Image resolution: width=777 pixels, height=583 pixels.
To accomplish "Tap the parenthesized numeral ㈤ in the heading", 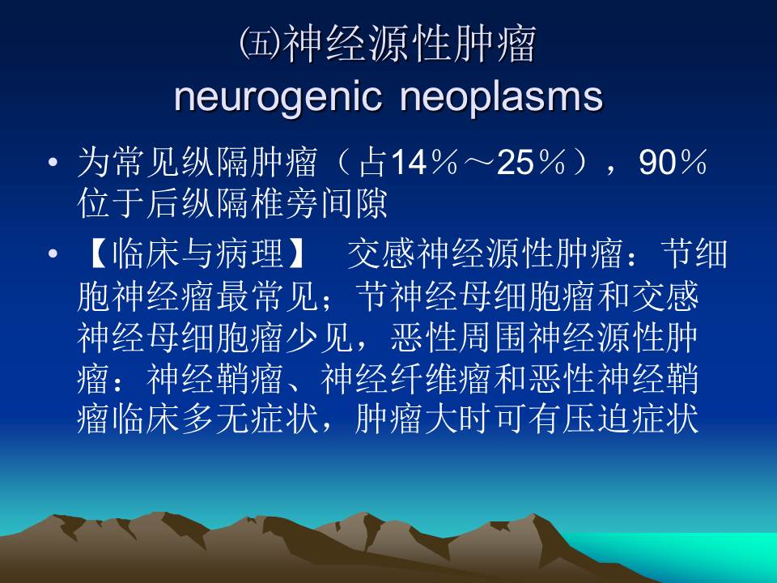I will [259, 47].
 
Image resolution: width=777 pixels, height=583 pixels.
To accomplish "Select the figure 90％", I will [673, 165].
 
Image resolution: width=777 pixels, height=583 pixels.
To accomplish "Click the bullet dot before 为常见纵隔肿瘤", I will [53, 165].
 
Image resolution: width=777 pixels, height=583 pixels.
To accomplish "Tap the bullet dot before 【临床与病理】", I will [53, 255].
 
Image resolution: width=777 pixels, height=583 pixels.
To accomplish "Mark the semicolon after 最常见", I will [327, 300].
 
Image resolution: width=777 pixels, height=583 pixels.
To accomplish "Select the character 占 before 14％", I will [374, 165].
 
